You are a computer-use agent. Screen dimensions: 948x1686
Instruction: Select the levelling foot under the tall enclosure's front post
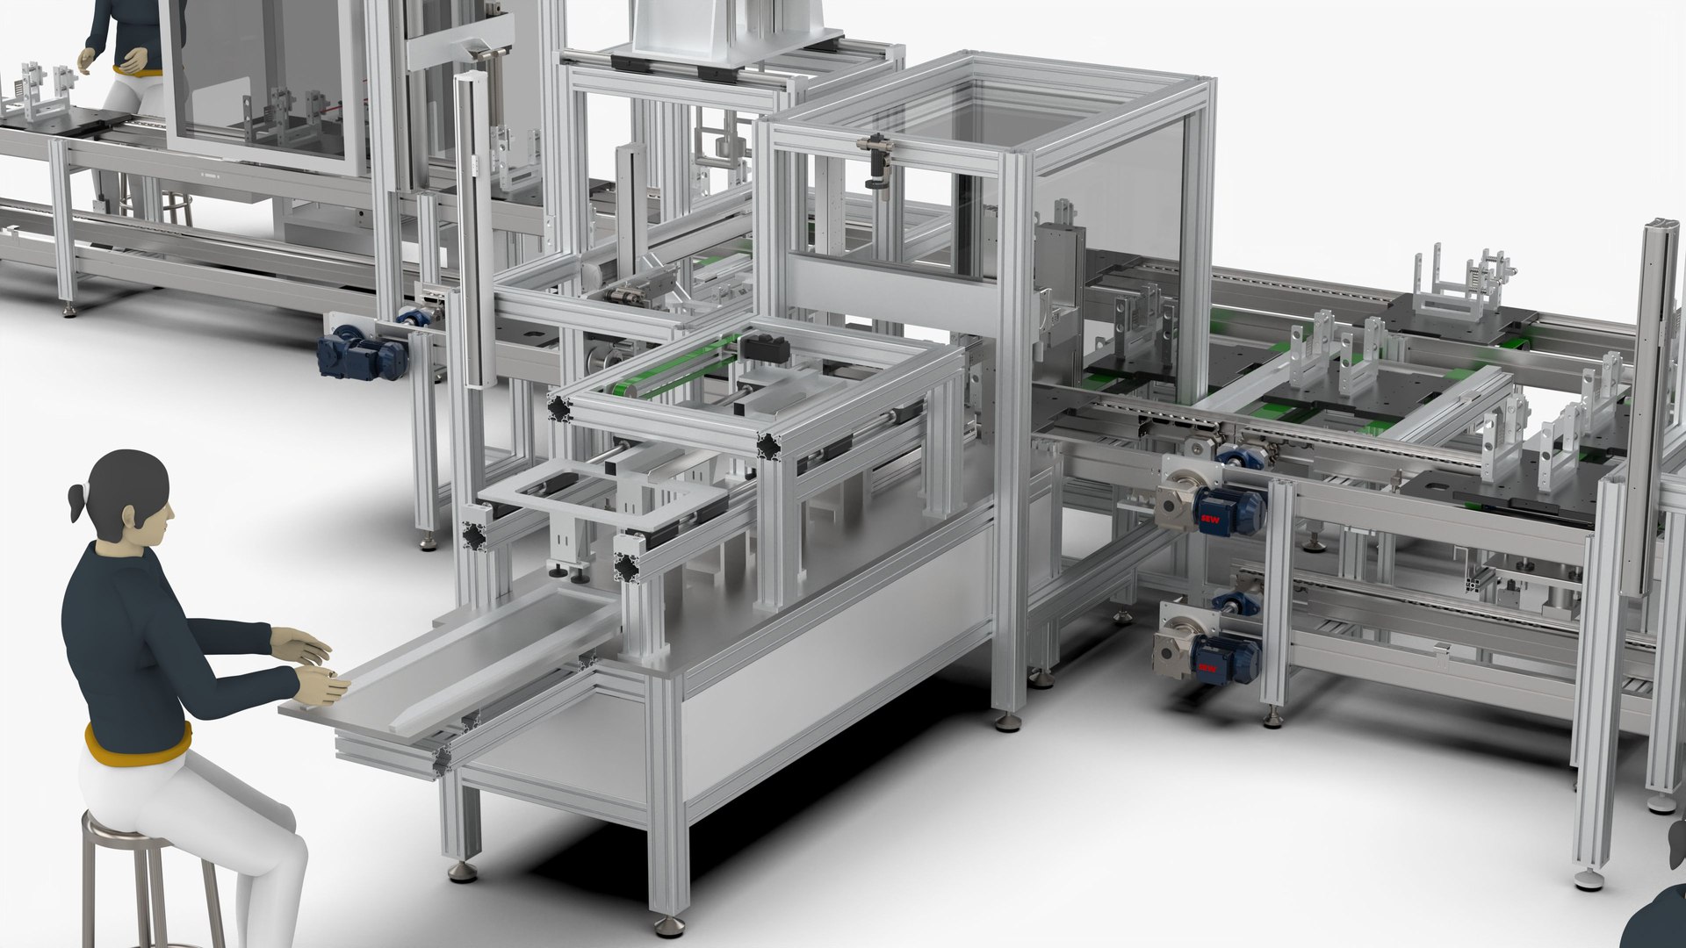point(1008,722)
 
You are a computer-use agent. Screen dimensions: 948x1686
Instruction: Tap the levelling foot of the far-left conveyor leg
point(69,309)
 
